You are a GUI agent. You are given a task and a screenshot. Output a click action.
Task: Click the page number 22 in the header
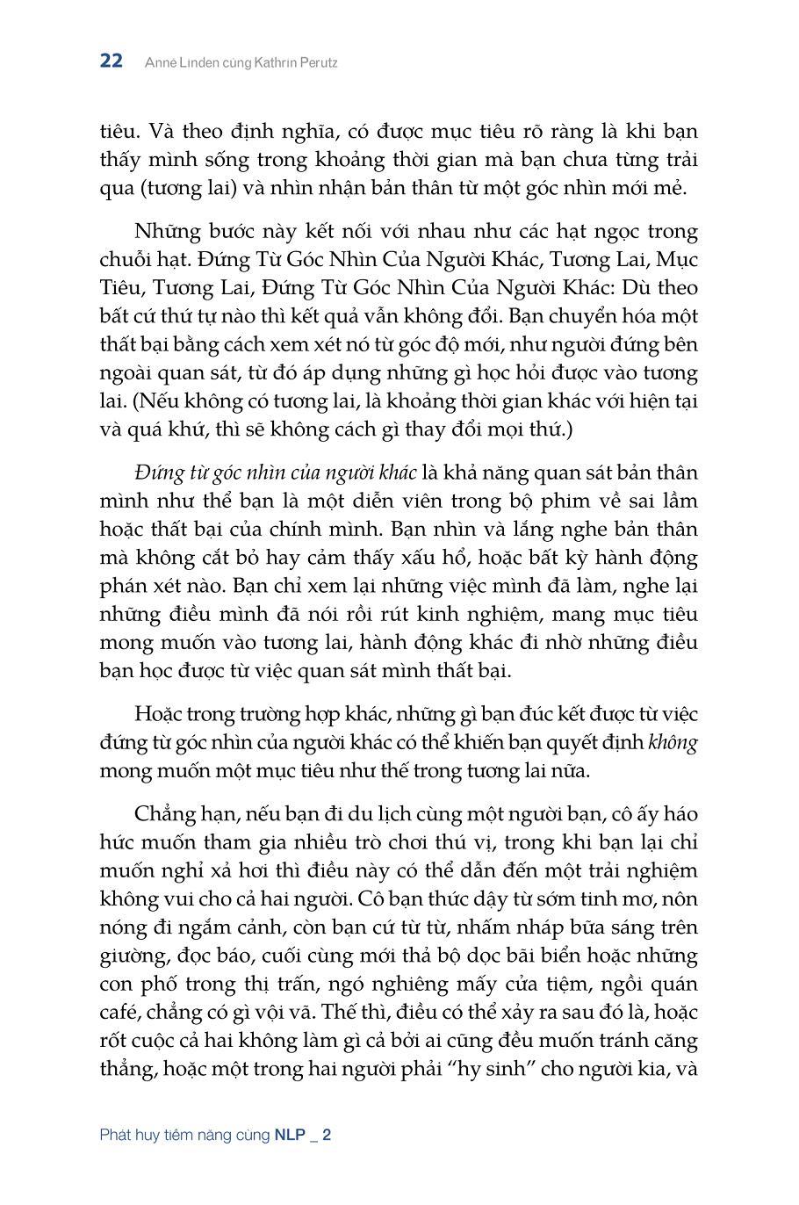(112, 61)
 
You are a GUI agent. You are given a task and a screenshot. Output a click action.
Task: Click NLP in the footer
(290, 1135)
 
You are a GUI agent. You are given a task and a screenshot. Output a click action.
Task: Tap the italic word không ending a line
(673, 742)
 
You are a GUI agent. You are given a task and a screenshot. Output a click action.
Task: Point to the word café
(121, 1013)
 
